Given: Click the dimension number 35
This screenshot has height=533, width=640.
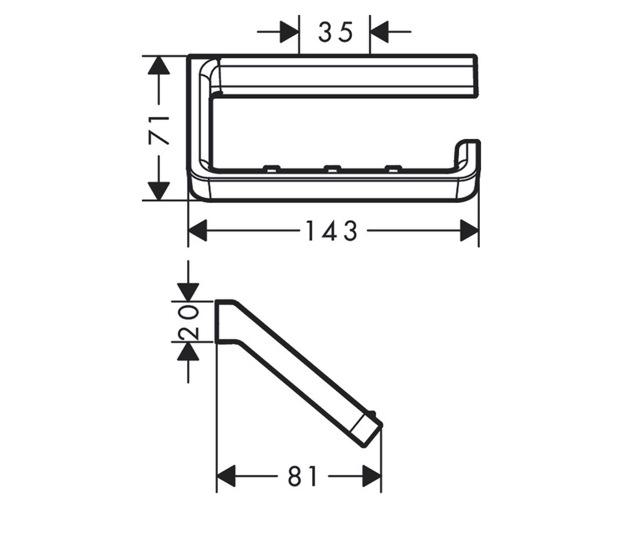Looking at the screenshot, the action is pos(335,32).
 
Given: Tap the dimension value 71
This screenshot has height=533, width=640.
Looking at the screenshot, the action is pos(159,130).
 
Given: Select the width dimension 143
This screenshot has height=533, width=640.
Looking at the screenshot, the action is pos(332,231).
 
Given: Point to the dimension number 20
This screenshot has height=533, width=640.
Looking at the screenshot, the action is pos(188,322).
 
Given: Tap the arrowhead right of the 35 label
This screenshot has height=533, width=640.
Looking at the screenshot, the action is pos(379,32).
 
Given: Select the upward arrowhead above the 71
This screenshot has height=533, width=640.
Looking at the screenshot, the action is pos(158,65).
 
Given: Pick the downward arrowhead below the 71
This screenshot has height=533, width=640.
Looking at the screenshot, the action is pos(158,191).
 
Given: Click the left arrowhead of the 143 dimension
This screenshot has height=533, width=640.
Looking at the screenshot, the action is pos(198,230).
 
